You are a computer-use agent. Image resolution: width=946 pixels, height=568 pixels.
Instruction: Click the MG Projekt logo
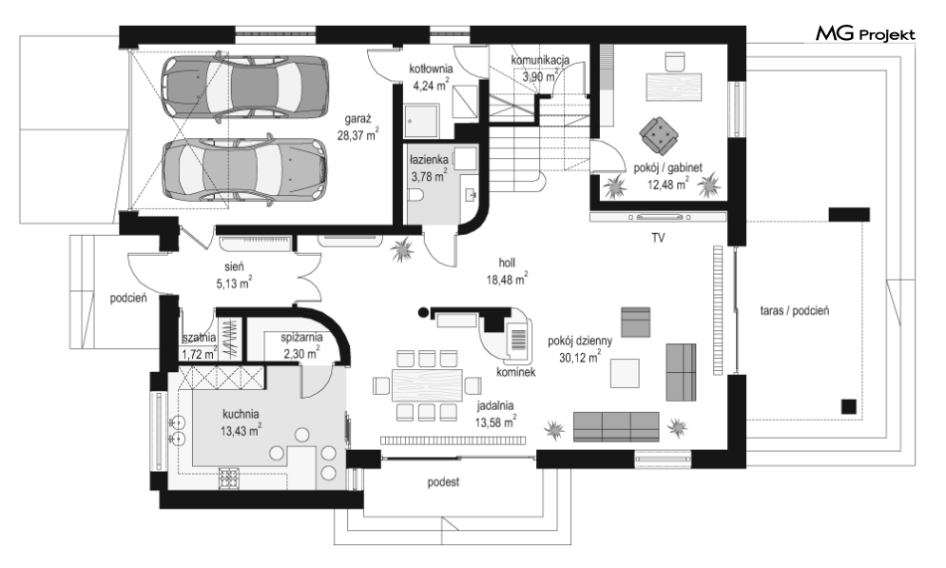(x=865, y=34)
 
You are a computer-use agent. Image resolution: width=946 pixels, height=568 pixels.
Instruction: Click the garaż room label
(x=358, y=119)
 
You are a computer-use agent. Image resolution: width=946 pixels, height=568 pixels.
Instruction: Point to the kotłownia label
(x=431, y=69)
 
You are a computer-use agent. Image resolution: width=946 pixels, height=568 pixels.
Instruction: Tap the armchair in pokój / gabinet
(x=659, y=135)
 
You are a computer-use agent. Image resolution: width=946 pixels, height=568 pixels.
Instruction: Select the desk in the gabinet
(x=674, y=87)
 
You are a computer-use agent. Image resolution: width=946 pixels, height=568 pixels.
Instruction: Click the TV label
(x=658, y=238)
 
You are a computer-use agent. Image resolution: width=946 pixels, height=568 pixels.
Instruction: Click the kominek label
(x=516, y=372)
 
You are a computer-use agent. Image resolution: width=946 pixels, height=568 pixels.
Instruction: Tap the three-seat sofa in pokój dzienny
(x=616, y=427)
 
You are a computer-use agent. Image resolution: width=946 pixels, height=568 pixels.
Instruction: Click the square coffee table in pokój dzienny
(x=625, y=373)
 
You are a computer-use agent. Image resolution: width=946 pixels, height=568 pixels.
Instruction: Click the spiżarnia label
(x=301, y=338)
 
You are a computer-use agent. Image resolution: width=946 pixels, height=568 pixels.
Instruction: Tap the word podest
(x=443, y=481)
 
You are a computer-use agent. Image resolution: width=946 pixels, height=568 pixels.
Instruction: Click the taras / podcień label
(x=795, y=310)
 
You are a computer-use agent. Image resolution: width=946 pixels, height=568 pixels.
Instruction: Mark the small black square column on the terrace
(x=849, y=407)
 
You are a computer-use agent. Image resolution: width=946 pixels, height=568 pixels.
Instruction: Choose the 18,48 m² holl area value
(x=508, y=279)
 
